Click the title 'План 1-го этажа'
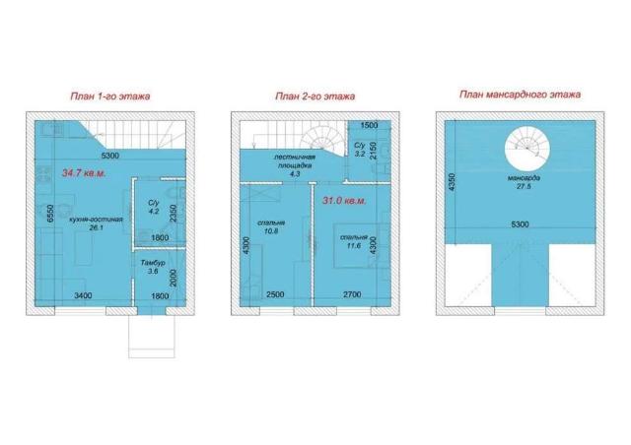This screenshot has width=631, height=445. [x=110, y=96]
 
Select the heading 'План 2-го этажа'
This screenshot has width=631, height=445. [x=315, y=96]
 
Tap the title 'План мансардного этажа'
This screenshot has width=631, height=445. [x=520, y=95]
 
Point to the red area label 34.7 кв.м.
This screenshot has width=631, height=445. [x=84, y=173]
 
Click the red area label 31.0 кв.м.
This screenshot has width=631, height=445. [x=344, y=201]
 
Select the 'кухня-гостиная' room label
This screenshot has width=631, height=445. [x=96, y=220]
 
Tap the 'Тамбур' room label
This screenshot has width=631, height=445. [x=153, y=263]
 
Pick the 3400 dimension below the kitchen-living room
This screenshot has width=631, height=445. [x=83, y=296]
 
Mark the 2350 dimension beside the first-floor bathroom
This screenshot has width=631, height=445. [x=174, y=214]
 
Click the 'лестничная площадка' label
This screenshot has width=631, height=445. [x=295, y=161]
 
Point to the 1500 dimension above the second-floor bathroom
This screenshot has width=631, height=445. [x=369, y=125]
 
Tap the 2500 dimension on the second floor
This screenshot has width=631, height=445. [x=275, y=294]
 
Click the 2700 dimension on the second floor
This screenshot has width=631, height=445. [x=352, y=294]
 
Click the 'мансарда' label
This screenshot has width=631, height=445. [x=524, y=177]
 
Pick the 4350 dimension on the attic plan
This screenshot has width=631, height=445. [x=452, y=182]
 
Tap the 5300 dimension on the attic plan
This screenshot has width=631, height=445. [x=520, y=224]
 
